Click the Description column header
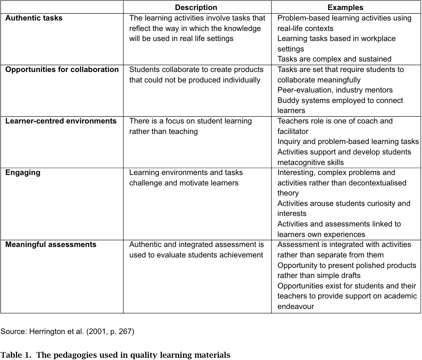coord(196,7)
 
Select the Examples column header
coord(346,7)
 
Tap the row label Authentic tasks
coord(34,18)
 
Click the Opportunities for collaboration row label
coord(62,70)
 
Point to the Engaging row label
coord(23,173)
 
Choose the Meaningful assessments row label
coord(51,245)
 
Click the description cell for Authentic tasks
coord(197,28)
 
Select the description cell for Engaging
coord(186,178)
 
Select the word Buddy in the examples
coord(289,101)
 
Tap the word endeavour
coord(296,307)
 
